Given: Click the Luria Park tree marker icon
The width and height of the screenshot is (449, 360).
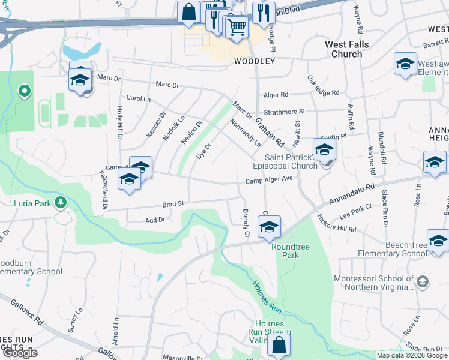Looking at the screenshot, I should [x=60, y=203].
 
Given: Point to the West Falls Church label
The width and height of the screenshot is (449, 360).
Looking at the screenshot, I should [x=347, y=49].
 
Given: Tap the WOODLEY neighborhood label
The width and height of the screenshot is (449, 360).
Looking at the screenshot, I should [x=255, y=61].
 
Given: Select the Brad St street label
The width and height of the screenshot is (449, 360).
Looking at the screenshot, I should [x=172, y=205].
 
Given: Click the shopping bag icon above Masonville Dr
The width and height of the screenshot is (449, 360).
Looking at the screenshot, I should [x=279, y=345].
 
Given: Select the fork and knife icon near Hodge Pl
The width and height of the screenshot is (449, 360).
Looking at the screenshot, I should [x=264, y=13].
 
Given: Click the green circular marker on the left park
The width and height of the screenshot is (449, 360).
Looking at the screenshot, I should [x=25, y=91].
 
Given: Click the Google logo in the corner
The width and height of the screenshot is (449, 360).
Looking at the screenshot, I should [x=19, y=353].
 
